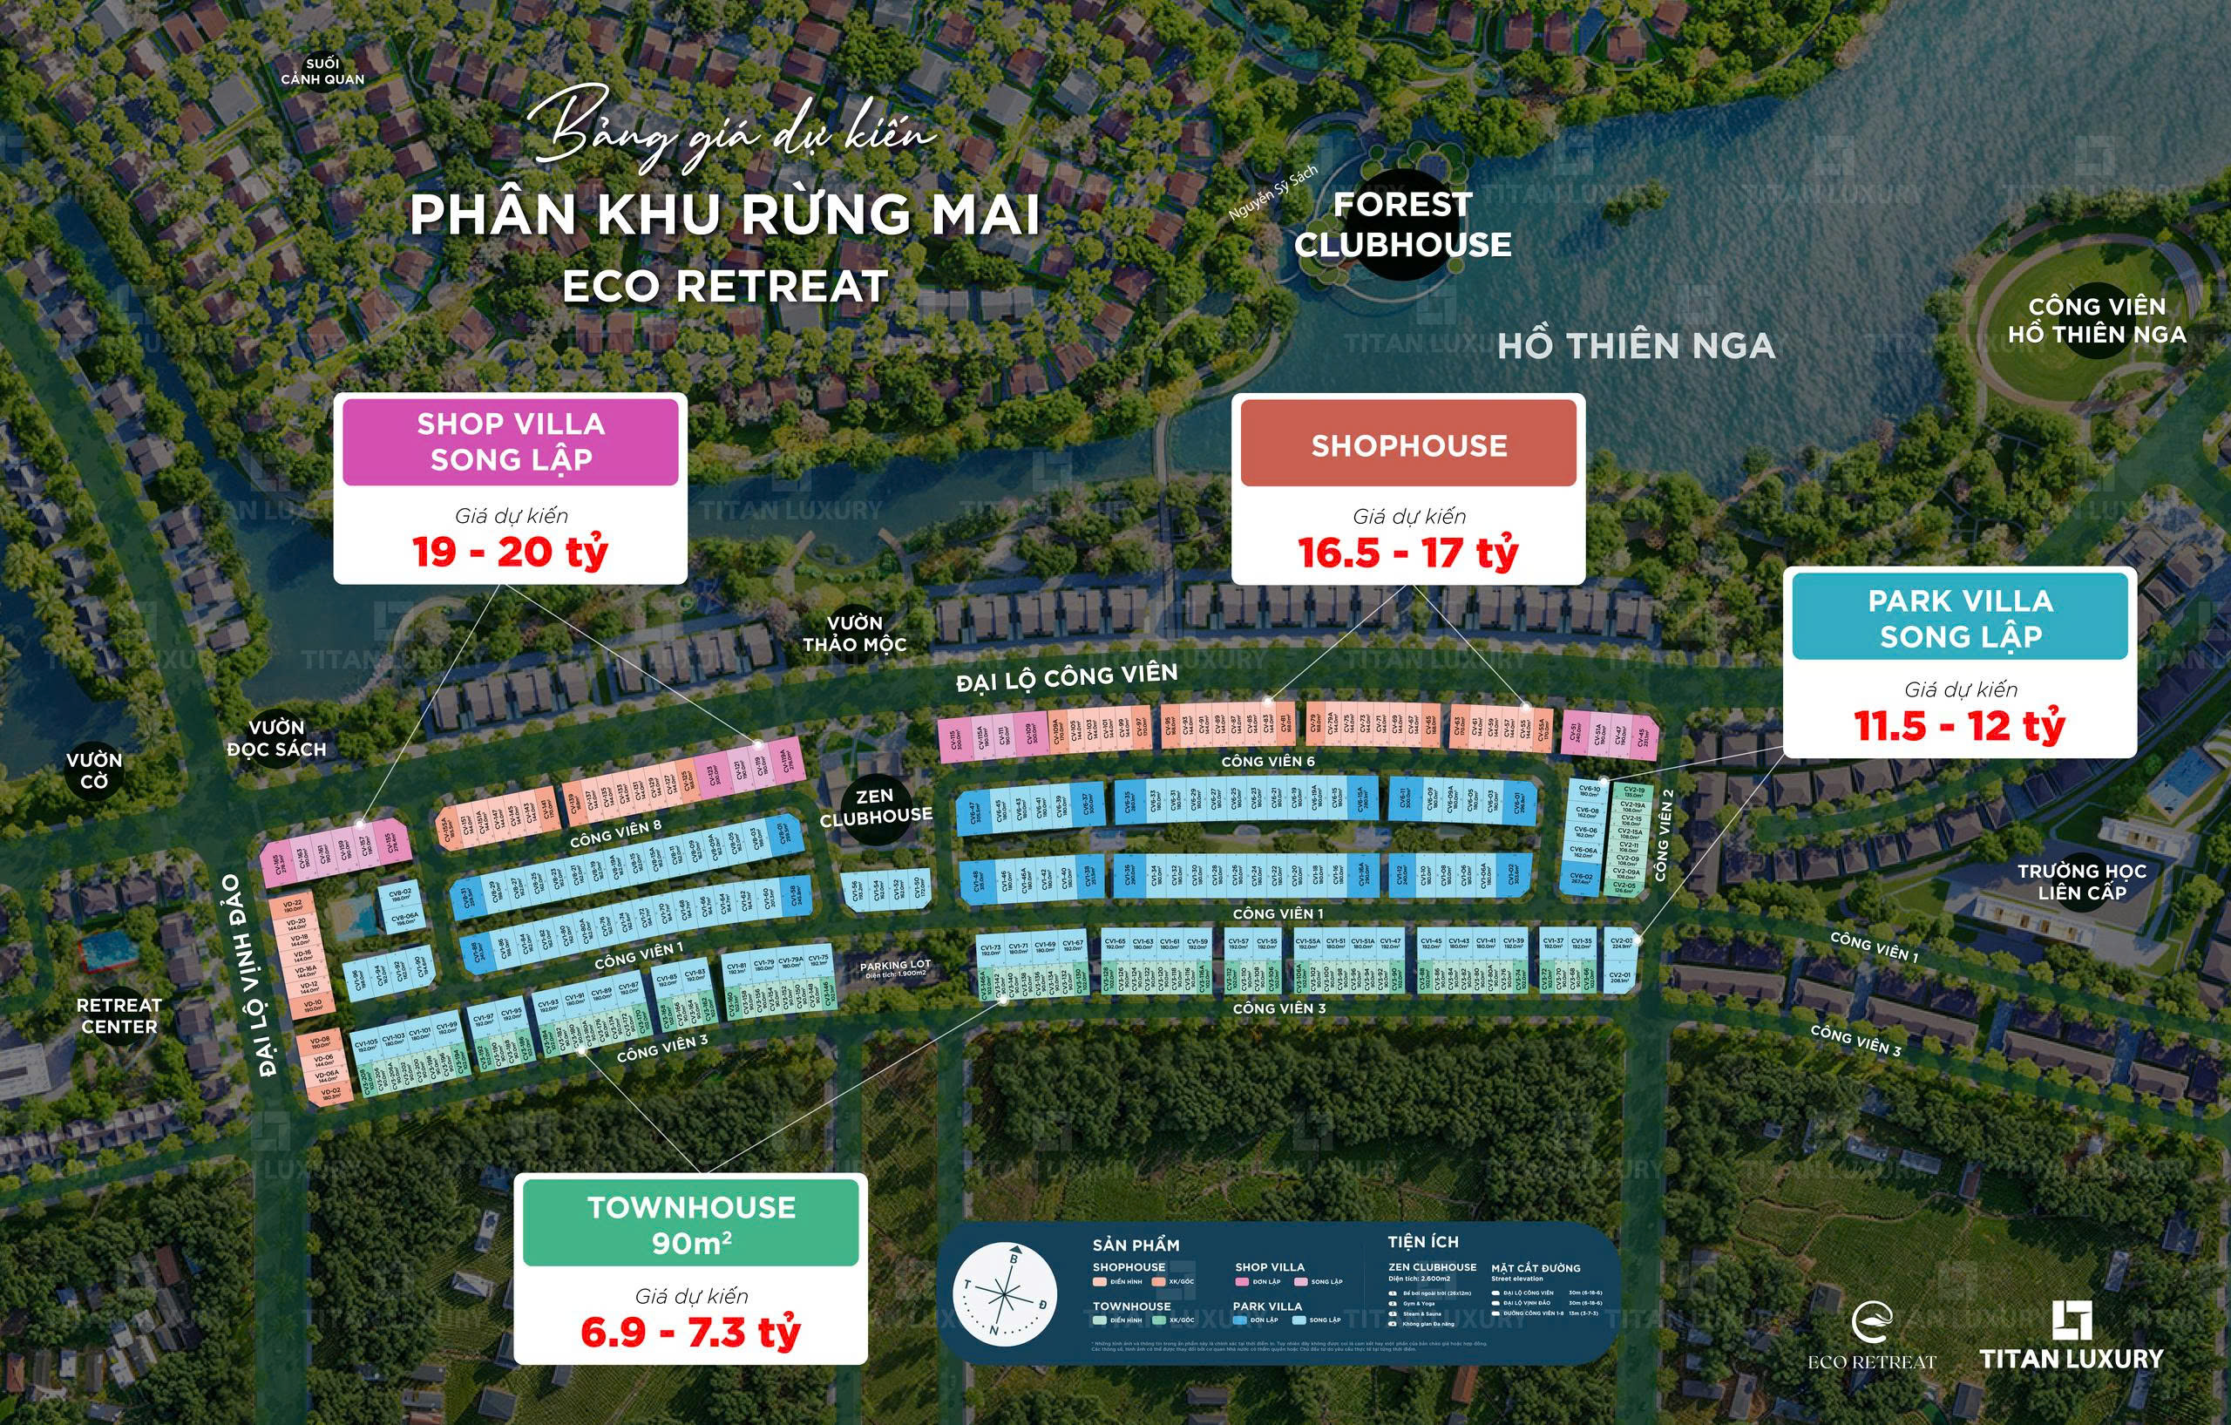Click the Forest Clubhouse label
[1403, 224]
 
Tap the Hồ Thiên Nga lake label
[1636, 347]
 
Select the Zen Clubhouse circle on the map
[876, 807]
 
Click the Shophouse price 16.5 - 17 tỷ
[1407, 553]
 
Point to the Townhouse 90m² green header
[691, 1224]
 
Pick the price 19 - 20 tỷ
[511, 553]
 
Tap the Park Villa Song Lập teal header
[1960, 618]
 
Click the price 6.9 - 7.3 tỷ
[690, 1333]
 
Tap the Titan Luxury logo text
[2072, 1358]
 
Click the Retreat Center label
[119, 1015]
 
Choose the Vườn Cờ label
[93, 770]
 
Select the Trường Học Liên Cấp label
[2082, 882]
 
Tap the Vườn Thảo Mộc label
[854, 634]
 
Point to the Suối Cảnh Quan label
[322, 71]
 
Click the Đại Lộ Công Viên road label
[1067, 677]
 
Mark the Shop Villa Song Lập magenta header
[511, 442]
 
